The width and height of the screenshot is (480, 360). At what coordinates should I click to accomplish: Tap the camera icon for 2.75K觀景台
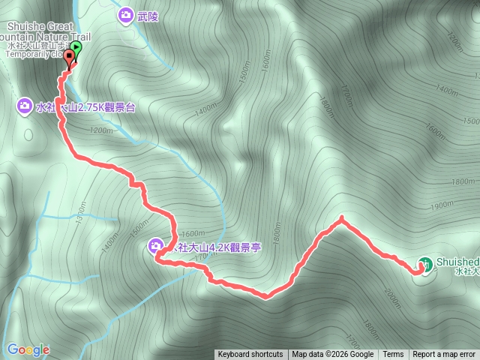(x=24, y=106)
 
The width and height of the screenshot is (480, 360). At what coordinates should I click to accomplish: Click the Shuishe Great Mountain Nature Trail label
(x=37, y=30)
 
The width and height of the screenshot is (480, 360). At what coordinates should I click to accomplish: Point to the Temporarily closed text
(x=34, y=54)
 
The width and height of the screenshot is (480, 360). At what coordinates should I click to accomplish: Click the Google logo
(x=28, y=349)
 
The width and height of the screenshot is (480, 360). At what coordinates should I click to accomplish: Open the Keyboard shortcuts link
(x=250, y=355)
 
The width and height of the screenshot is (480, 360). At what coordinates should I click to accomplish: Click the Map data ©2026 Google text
(x=332, y=355)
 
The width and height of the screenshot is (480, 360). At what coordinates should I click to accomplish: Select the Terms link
(x=393, y=355)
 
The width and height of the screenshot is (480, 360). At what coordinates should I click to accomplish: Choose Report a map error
(x=444, y=355)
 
